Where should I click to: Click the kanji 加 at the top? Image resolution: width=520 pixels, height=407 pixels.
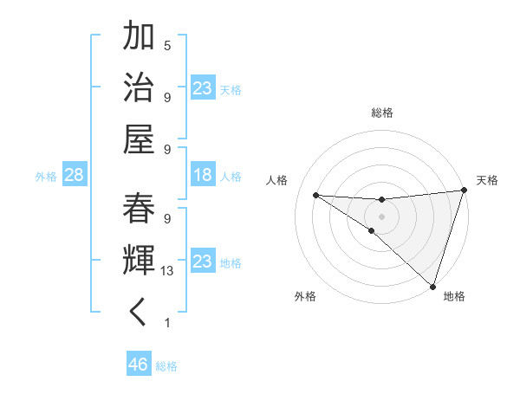139,38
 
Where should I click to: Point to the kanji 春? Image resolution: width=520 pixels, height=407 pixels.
139,210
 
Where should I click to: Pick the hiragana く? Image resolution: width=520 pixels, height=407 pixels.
139,313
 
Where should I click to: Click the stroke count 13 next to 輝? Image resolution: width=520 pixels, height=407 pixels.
167,271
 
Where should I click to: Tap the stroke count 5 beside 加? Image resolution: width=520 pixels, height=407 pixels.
167,45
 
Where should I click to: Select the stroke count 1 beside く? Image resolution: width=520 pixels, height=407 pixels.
167,323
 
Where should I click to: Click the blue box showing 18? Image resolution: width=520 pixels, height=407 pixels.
203,175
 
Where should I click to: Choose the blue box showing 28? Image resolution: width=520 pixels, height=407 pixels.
74,176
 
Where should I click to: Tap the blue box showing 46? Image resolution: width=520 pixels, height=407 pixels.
139,365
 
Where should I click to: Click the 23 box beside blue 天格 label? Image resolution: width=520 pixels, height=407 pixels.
203,87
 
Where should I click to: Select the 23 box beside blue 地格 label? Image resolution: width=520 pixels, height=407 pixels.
203,261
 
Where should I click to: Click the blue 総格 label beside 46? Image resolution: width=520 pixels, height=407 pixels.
167,366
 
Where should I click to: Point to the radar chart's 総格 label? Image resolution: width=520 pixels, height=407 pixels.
382,113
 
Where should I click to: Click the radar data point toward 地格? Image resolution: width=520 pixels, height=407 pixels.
432,286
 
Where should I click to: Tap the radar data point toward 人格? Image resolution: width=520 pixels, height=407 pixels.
315,194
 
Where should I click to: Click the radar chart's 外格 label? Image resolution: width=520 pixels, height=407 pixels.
305,296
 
